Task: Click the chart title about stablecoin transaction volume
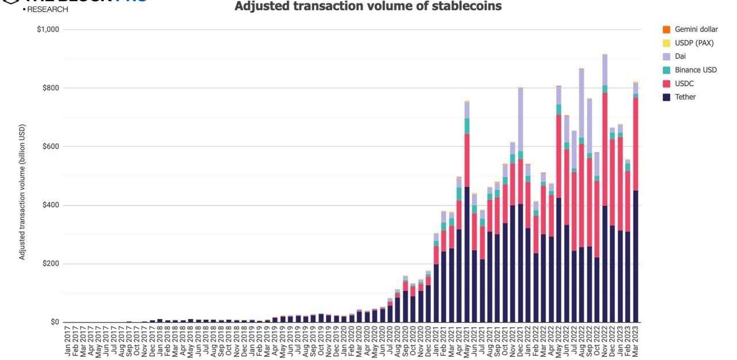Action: tap(368, 6)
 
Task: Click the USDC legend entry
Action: tap(684, 84)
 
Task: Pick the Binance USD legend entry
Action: tap(695, 70)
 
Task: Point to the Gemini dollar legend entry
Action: tap(696, 29)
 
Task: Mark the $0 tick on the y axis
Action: tap(55, 323)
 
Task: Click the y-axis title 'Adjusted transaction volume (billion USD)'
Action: tap(22, 192)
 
